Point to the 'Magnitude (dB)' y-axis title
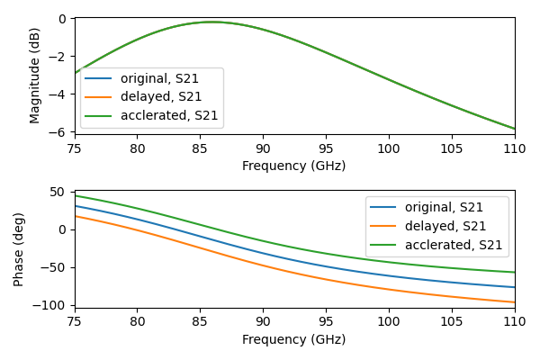click(35, 76)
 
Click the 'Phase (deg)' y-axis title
click(19, 249)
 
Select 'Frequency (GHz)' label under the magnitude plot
click(293, 166)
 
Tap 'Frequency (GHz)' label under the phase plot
click(293, 339)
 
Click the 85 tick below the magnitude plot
click(200, 148)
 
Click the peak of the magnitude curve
click(211, 22)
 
